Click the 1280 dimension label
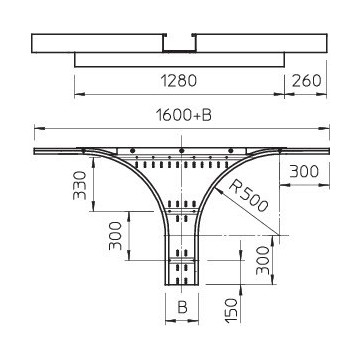179,81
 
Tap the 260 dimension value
306,81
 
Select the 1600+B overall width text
184,115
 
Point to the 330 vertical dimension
80,185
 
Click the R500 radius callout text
248,196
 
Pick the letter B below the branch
182,307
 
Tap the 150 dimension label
232,310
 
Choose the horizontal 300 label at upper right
304,171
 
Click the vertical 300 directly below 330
116,236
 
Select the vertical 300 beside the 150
263,260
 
